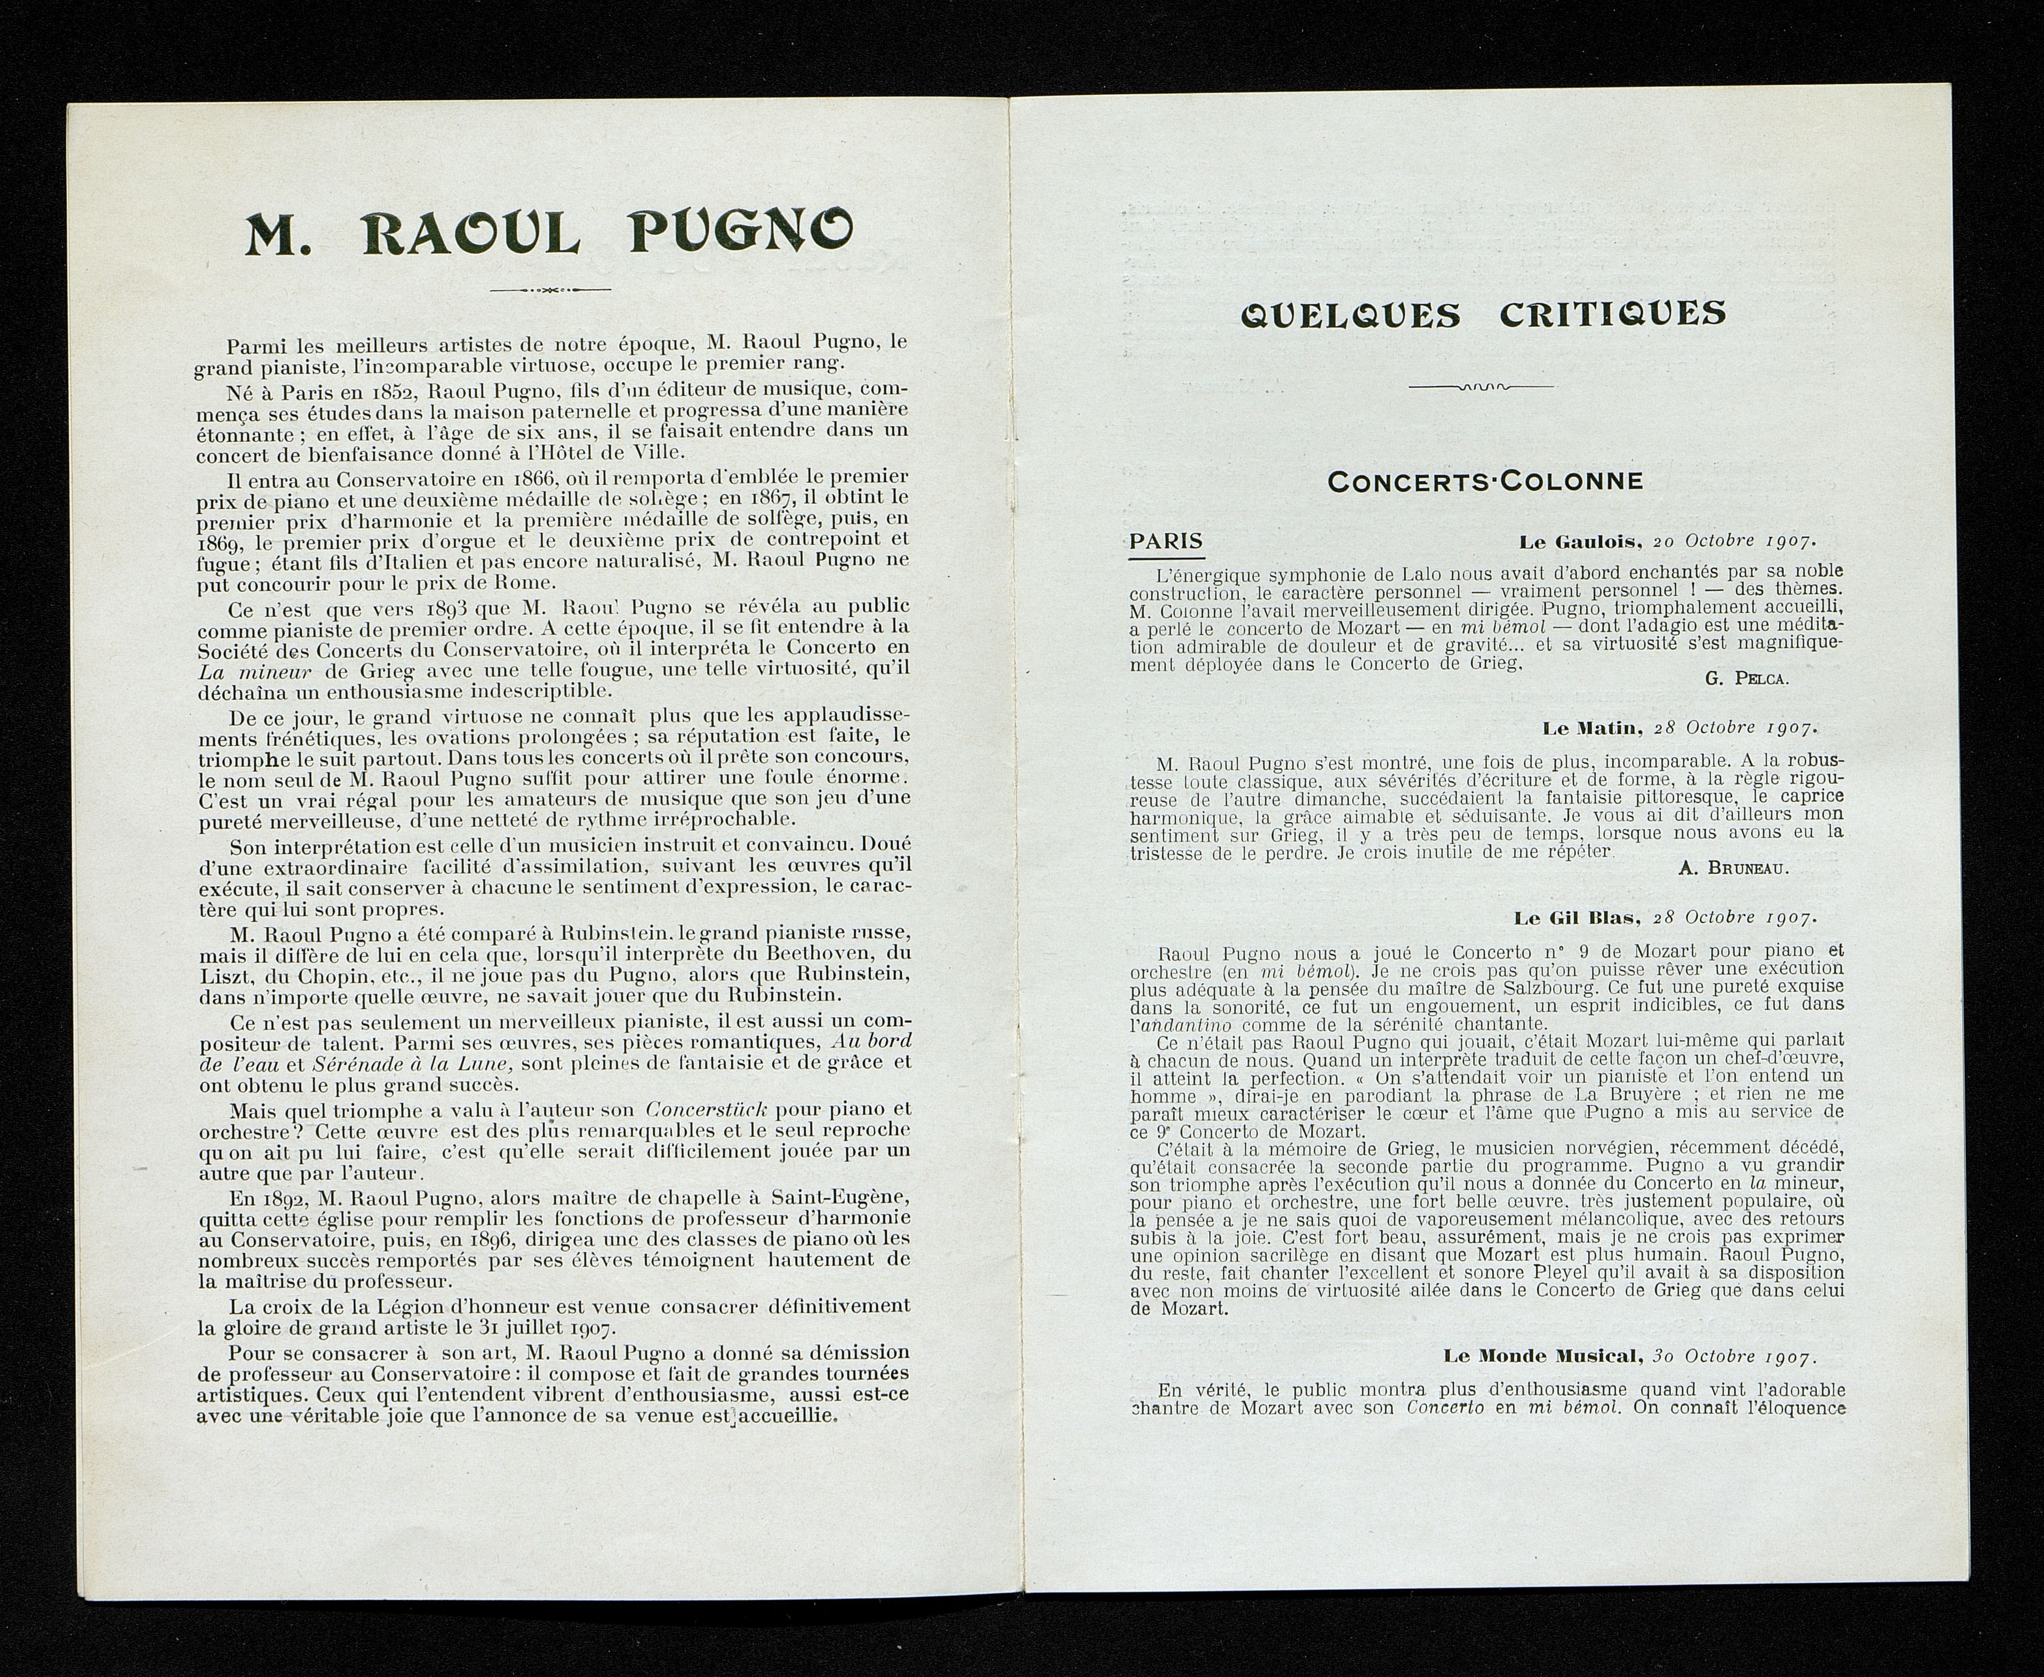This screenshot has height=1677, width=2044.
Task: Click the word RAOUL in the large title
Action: pyautogui.click(x=472, y=234)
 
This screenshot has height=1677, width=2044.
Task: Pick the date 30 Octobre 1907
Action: pyautogui.click(x=1735, y=1356)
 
